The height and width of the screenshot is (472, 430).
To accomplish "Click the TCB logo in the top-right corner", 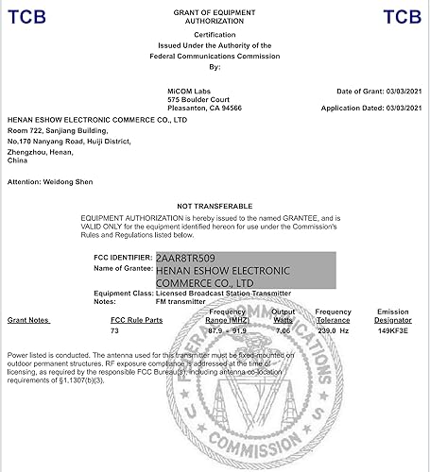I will coord(402,16).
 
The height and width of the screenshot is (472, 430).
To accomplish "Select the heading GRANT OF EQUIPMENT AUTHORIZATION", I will coord(214,16).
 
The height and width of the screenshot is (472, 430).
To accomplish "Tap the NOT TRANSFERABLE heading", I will coord(215,206).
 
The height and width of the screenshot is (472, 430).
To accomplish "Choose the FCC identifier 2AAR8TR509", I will coord(186,257).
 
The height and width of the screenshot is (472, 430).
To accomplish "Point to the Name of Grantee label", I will coord(123,269).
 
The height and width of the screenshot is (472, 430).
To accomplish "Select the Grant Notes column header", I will coord(28,321).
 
